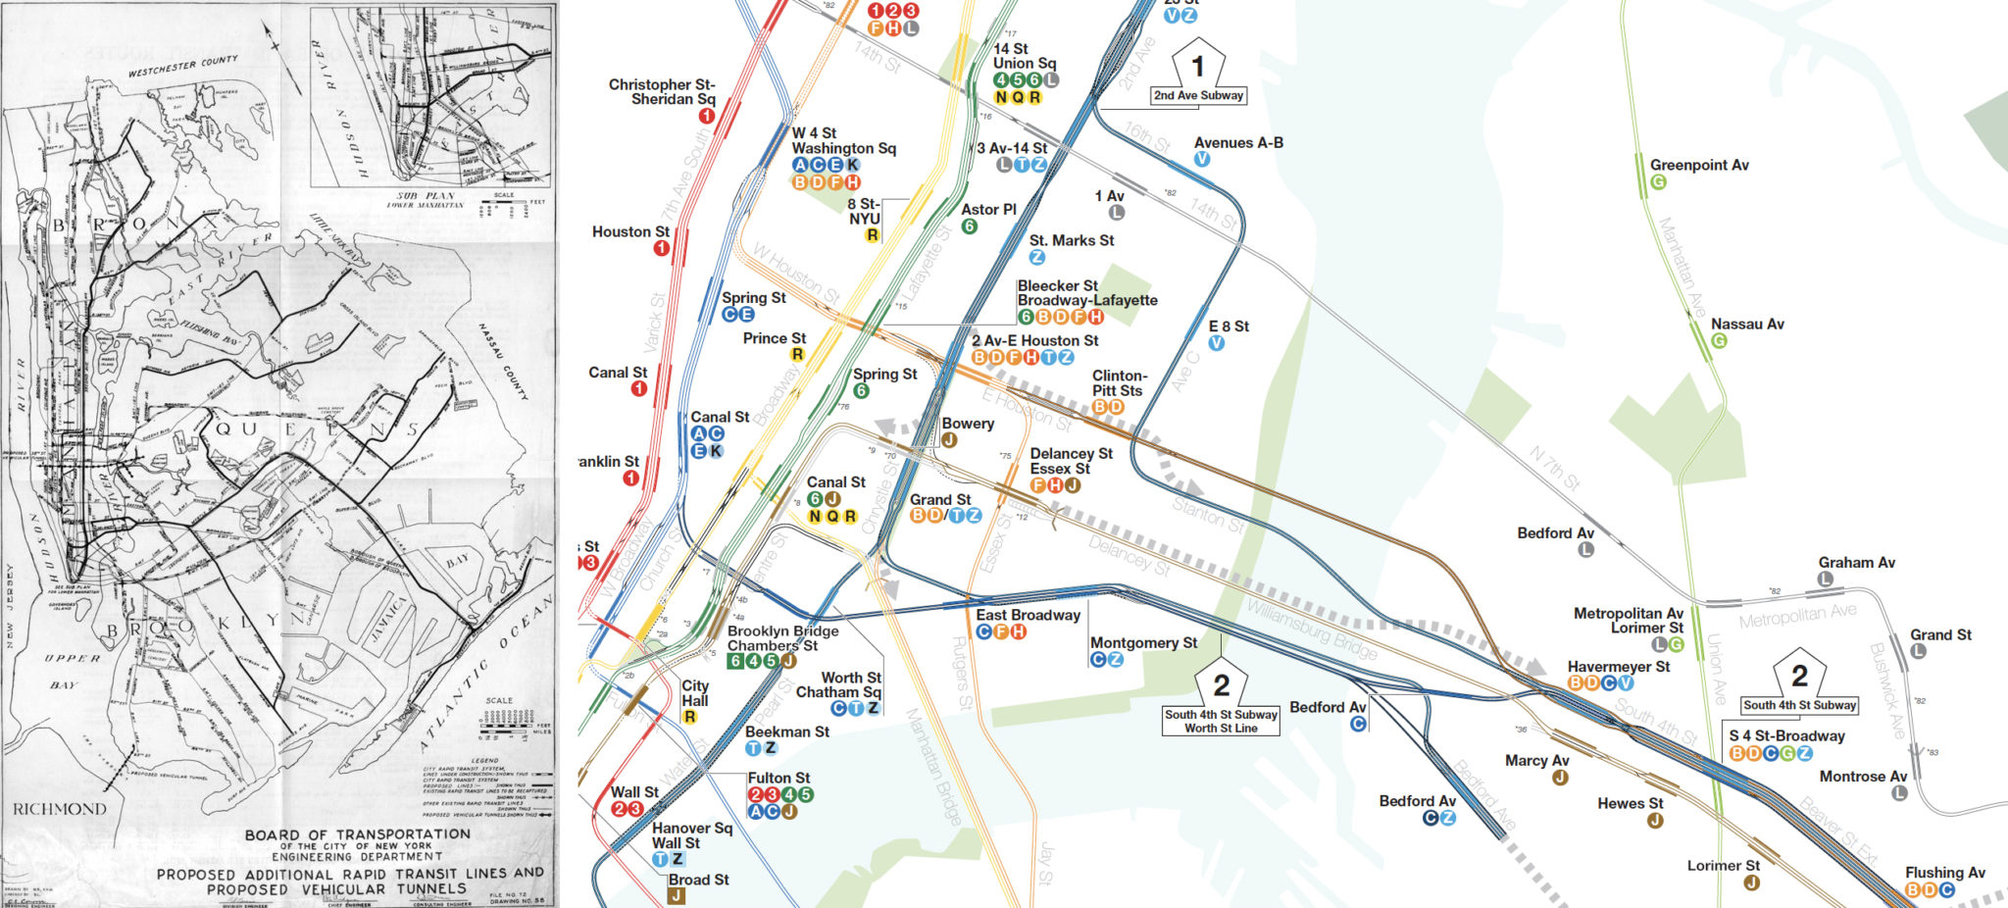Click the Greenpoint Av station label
pos(1699,165)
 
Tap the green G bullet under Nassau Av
pos(1719,341)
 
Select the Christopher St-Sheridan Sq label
pos(662,91)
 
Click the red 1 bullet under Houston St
pos(662,248)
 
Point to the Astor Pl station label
pos(988,209)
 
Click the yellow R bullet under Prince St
pos(797,355)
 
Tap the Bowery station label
pos(968,424)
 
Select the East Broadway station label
pos(1028,615)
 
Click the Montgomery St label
pos(1143,642)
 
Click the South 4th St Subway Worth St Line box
pos(1221,721)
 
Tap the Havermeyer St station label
pos(1619,666)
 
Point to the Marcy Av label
pos(1537,760)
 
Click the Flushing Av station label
pos(1945,872)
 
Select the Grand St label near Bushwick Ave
pos(1940,634)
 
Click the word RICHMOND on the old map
pos(60,809)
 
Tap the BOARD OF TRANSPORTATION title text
pos(357,834)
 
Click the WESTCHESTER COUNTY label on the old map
pos(183,67)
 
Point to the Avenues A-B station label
pos(1238,143)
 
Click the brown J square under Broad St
pos(677,895)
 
